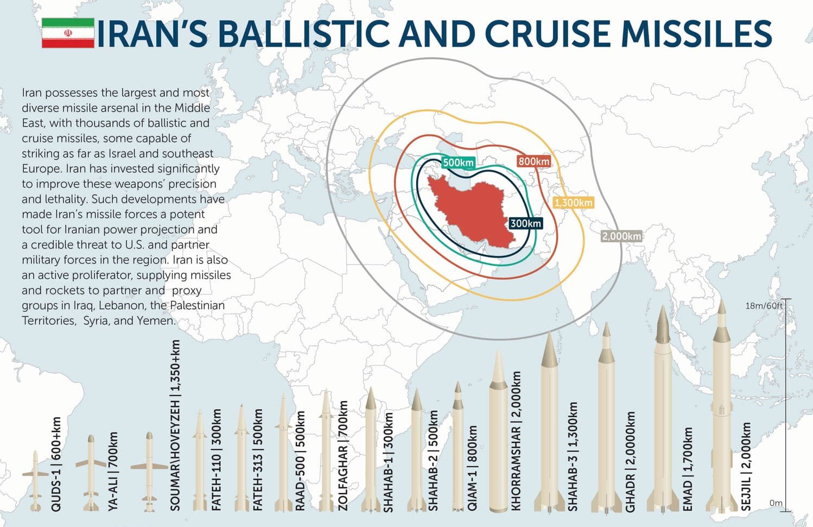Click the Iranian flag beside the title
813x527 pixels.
point(68,33)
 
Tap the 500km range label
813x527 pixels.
point(458,162)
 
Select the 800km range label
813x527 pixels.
point(533,161)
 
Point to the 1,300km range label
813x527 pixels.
point(573,203)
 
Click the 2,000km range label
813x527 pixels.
point(621,236)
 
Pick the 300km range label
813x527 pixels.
point(525,223)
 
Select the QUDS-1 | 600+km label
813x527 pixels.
point(56,464)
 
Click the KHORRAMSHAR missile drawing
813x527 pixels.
point(498,435)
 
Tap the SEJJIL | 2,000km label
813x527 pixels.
point(747,466)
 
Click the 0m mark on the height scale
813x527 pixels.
point(776,503)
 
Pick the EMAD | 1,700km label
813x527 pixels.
point(688,468)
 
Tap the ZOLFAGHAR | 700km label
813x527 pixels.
point(343,455)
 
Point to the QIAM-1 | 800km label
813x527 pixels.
point(473,468)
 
